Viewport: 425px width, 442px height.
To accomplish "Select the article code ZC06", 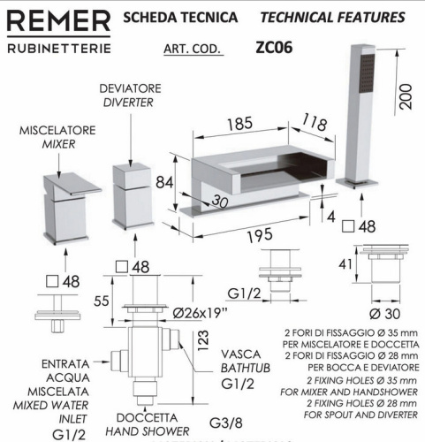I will (272, 48).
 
